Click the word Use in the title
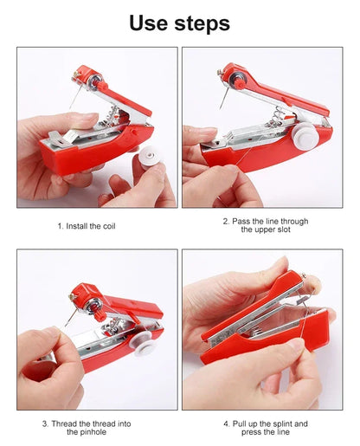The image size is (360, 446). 151,23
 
